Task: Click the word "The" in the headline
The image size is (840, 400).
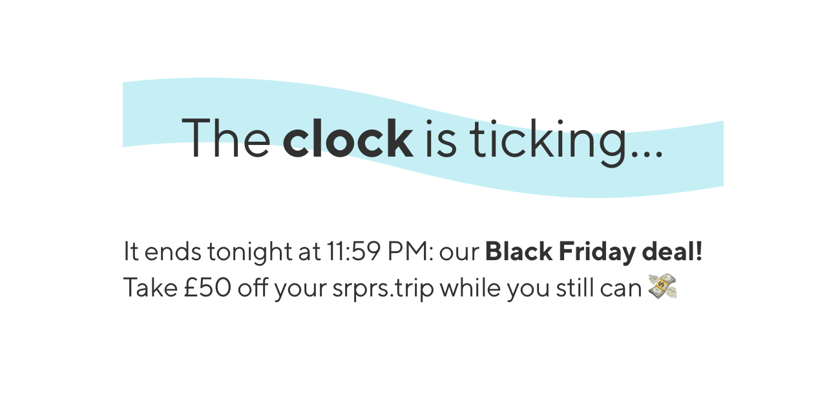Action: point(226,137)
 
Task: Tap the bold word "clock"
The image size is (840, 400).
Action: point(348,137)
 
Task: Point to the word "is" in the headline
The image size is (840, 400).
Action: point(441,139)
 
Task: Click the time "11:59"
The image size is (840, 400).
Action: point(353,251)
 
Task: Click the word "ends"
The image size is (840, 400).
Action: point(173,251)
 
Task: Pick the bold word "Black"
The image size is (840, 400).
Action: point(519,251)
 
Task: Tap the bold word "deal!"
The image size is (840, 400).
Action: point(672,251)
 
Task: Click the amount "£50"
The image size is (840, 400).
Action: point(207,287)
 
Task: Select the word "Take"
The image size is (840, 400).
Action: point(151,287)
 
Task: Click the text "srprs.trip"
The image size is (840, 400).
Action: point(383,289)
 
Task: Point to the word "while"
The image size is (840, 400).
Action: point(470,287)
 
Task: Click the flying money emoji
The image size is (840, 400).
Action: point(662,287)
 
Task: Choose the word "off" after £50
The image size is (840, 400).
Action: point(253,287)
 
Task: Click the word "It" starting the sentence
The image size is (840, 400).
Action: point(131,251)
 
